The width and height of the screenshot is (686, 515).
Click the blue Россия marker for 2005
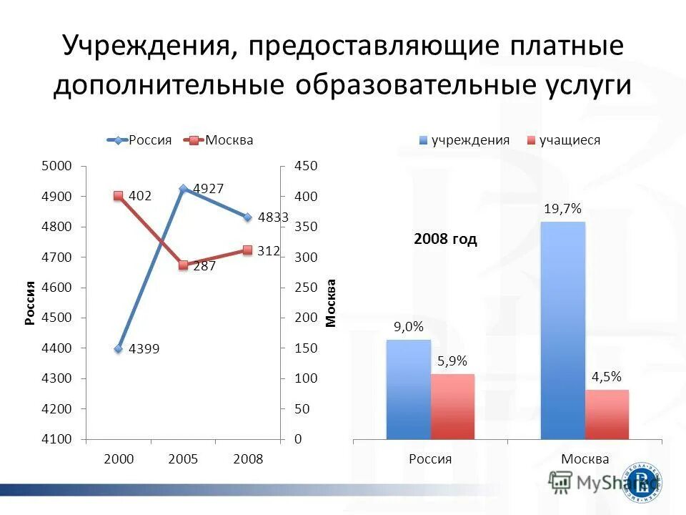click(184, 189)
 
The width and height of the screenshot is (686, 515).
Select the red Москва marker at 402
click(119, 195)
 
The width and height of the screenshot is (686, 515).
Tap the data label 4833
click(273, 217)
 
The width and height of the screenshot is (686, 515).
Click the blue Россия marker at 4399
click(119, 348)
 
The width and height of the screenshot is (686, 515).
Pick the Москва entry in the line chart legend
click(219, 140)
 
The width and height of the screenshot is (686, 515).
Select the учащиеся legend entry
click(562, 140)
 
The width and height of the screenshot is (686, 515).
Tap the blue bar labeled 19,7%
click(562, 330)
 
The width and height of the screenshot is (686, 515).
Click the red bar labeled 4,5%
click(607, 414)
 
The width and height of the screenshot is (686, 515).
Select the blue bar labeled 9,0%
click(408, 389)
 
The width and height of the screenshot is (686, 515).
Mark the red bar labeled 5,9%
click(452, 406)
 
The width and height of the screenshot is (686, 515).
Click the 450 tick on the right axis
click(306, 166)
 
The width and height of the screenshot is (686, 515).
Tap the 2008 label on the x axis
click(248, 459)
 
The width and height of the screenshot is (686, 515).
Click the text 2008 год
click(445, 240)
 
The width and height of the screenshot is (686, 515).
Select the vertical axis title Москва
click(331, 303)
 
